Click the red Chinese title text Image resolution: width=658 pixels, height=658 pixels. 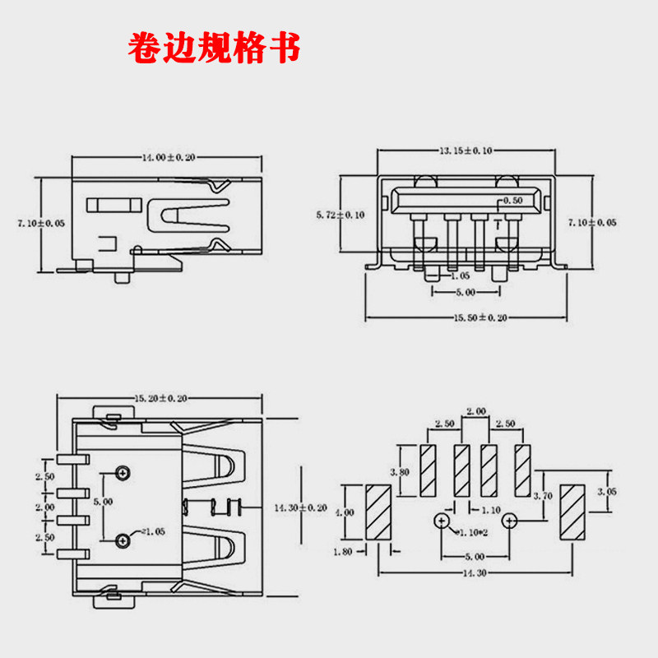214,47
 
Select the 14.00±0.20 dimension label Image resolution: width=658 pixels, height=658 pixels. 169,158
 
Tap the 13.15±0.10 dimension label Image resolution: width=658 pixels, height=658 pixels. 466,151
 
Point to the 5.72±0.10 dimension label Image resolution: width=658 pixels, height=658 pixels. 341,215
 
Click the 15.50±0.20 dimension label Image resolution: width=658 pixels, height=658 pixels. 480,317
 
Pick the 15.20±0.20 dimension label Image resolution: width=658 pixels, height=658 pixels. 160,398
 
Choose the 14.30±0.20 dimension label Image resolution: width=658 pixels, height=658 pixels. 300,507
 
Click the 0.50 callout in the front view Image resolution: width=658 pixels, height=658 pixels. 512,201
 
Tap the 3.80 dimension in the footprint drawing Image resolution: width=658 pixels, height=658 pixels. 400,472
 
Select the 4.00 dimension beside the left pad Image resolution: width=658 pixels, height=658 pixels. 345,512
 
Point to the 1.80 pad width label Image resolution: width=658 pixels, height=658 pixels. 343,552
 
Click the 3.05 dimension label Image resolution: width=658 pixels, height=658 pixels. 607,491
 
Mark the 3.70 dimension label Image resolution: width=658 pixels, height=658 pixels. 543,496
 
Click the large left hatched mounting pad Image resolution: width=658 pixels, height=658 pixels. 378,512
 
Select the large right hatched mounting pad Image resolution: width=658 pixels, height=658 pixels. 572,512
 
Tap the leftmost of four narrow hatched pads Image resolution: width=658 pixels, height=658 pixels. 428,470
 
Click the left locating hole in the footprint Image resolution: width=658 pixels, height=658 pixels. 442,521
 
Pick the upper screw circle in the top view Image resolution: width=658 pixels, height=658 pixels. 123,473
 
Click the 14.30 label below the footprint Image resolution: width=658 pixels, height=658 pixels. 475,573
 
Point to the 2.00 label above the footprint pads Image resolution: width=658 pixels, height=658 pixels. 476,411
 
